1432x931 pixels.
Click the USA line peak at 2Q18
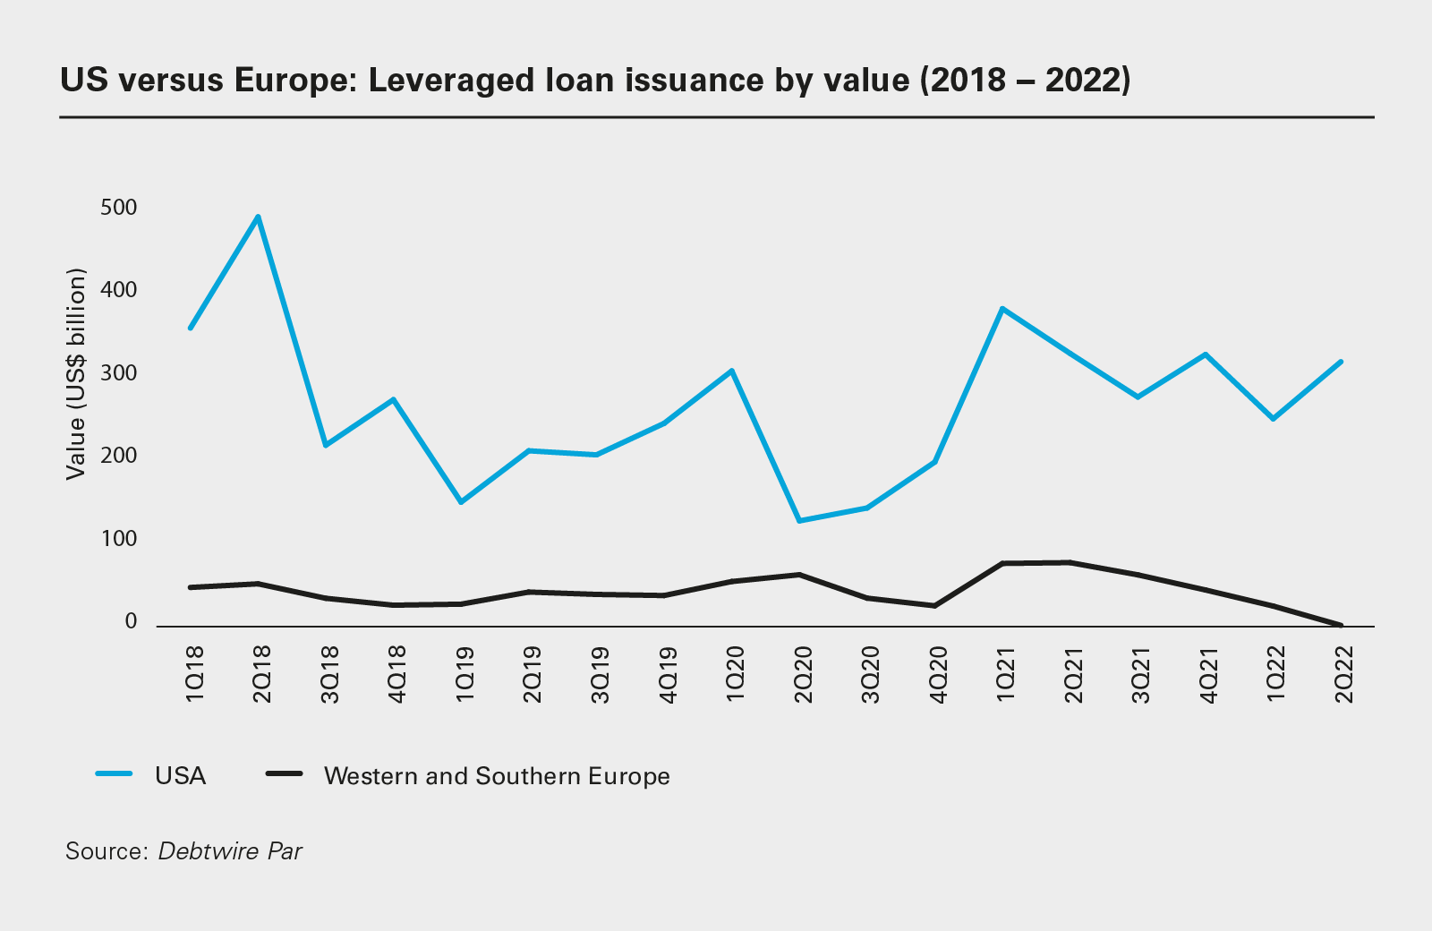[258, 217]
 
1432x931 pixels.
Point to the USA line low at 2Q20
[798, 520]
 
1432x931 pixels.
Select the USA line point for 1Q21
[1002, 309]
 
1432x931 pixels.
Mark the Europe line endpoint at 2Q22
[1341, 625]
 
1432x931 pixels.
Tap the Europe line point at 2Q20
[798, 575]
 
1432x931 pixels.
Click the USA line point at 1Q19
[461, 502]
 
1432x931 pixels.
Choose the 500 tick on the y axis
[119, 208]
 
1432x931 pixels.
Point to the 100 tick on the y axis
[119, 539]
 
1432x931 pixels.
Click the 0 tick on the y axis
[131, 621]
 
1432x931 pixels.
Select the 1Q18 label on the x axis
[194, 674]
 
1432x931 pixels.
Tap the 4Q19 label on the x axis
[667, 674]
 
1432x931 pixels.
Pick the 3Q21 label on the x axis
[1139, 674]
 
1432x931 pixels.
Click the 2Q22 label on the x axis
[1342, 674]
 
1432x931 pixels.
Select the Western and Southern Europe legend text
[497, 775]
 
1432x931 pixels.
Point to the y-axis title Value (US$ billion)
[75, 373]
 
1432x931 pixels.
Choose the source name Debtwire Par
[230, 850]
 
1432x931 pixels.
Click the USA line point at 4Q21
[1205, 354]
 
